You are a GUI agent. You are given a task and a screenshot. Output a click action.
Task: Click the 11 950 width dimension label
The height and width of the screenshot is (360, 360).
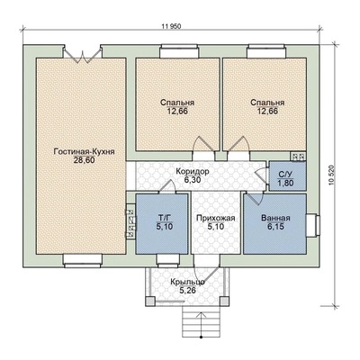point(172,26)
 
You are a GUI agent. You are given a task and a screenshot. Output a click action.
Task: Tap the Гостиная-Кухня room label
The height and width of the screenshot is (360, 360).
point(84,152)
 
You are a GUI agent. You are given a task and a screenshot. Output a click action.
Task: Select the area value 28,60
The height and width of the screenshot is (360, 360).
point(84,160)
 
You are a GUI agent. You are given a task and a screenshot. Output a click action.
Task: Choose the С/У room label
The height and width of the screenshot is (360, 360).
point(285,175)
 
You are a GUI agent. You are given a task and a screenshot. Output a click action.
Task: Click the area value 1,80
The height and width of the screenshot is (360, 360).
point(285,183)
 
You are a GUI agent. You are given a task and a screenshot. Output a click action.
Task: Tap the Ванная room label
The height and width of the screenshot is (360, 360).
point(275,218)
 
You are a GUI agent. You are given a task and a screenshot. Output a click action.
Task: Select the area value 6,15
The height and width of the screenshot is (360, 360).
point(276,226)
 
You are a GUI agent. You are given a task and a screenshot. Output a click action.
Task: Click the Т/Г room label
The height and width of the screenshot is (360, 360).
point(165,218)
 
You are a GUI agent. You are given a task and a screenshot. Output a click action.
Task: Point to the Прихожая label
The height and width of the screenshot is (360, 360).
point(216,218)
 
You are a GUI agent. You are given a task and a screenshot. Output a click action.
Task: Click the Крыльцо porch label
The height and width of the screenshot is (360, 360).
point(188,282)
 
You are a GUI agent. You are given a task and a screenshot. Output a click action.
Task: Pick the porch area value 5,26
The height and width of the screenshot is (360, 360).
point(187,290)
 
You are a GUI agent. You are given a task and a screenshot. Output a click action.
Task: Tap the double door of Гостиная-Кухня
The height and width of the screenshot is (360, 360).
point(82,55)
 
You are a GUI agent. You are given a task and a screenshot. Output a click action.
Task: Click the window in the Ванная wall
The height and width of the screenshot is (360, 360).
point(313,226)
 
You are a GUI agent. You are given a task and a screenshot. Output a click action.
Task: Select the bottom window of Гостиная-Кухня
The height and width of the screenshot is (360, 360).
point(83,260)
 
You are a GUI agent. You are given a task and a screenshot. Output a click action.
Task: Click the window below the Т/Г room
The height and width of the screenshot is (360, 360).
point(168,261)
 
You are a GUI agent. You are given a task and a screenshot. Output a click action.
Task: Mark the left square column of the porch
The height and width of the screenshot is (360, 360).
point(150,301)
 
